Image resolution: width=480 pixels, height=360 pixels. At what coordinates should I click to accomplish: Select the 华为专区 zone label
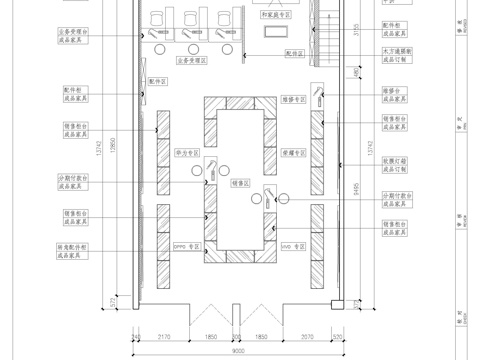(x=188, y=155)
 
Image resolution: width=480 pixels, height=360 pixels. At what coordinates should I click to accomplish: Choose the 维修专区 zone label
(x=291, y=99)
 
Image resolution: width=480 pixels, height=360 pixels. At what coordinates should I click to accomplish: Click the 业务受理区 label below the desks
(x=190, y=61)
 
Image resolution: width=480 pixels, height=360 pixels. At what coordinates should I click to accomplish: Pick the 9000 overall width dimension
(x=235, y=351)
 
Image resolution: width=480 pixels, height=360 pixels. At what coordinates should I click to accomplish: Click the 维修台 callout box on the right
(x=395, y=96)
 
